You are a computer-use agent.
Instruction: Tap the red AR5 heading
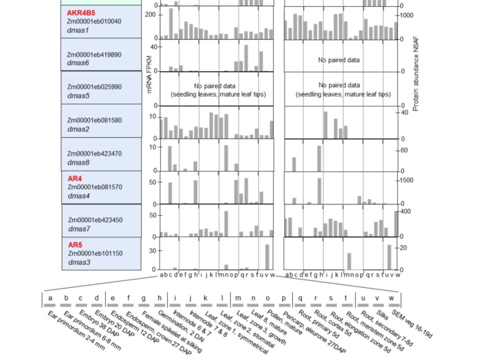[x=75, y=245]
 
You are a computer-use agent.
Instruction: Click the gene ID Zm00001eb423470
[x=94, y=153]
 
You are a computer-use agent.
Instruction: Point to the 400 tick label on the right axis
[x=405, y=212]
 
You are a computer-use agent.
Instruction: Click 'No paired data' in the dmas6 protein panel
[x=338, y=60]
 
